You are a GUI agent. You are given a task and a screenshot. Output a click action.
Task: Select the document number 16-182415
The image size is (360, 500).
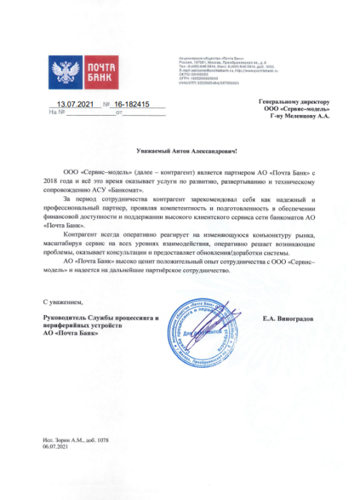(136, 104)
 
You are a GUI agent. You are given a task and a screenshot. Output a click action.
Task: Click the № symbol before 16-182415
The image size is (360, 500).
(107, 104)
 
